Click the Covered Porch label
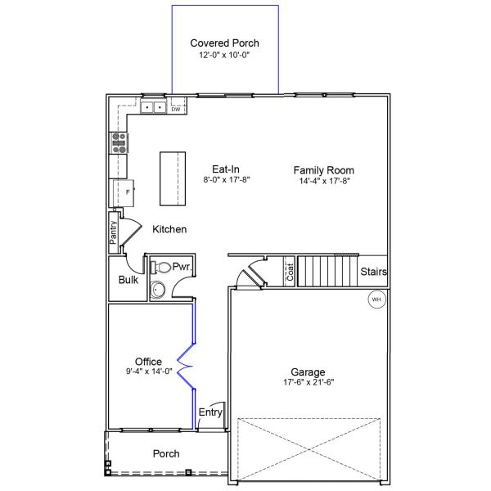(224, 43)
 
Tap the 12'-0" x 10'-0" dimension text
(224, 55)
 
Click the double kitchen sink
(154, 107)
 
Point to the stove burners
(119, 143)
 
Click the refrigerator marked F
(124, 193)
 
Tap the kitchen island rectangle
(173, 178)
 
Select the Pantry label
(113, 232)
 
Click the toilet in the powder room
(160, 268)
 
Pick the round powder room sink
(157, 290)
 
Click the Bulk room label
(128, 280)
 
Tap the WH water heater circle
(376, 300)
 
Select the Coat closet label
(290, 272)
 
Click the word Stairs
(374, 272)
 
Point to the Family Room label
(324, 170)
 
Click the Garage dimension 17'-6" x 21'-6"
(309, 382)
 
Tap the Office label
(148, 362)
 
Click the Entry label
(210, 412)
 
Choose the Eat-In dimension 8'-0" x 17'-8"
(227, 180)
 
